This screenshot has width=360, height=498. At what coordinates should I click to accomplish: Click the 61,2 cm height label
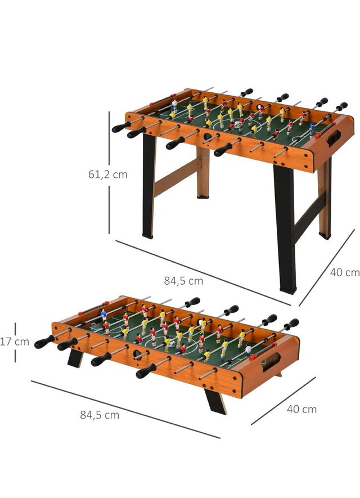coord(107,174)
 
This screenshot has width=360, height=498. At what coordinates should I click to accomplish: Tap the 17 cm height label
coord(15,342)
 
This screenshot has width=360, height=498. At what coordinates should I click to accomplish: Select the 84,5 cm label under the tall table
coord(183,280)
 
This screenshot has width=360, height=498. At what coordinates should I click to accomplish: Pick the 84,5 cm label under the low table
coord(100,415)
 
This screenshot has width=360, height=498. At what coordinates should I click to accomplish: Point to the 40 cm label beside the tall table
coord(344,272)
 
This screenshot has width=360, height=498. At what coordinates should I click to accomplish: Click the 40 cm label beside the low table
coord(301,409)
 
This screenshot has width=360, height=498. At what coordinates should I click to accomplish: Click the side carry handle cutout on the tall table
coord(334,138)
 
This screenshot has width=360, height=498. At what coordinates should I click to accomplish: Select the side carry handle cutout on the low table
coord(271,362)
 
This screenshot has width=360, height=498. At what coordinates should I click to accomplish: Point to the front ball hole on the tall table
coord(208,137)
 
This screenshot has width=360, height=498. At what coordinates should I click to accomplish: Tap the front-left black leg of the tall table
coord(148,186)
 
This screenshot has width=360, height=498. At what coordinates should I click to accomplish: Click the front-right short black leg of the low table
coord(215,401)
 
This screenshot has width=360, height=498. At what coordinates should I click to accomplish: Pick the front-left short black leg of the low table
coord(74,358)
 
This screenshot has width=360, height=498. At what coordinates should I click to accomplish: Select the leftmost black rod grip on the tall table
coord(120,127)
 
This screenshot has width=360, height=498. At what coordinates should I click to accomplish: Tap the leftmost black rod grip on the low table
coord(44,342)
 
